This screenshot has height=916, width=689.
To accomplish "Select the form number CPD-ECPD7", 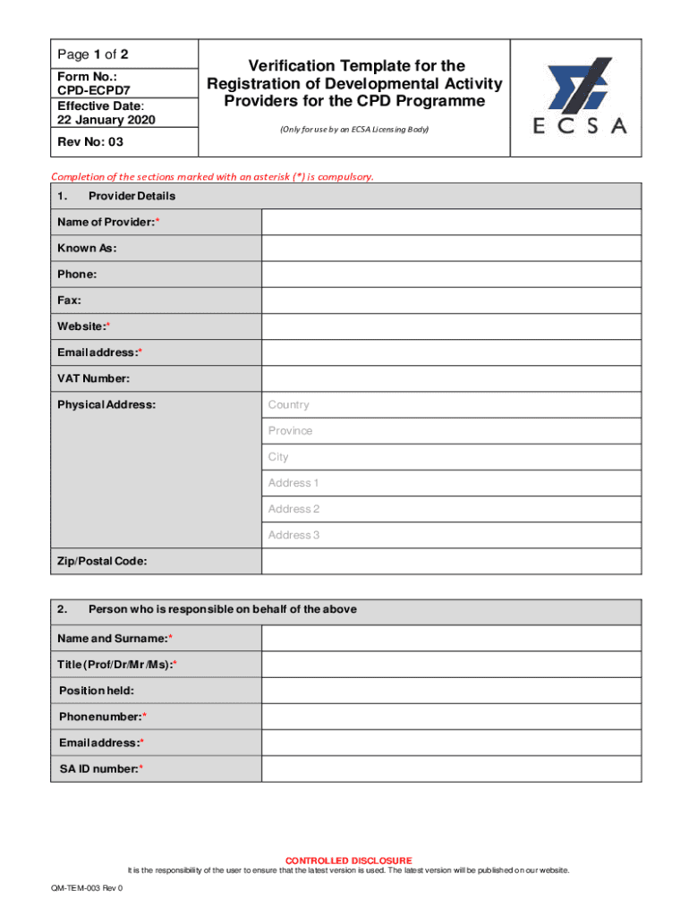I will pos(88,90).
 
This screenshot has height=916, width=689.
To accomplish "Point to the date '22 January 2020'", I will pos(95,119).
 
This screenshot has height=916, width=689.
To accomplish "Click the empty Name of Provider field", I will pos(451,222).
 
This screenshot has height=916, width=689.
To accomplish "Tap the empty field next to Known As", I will pos(451,248).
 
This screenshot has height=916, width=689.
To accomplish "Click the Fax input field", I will pos(451,301).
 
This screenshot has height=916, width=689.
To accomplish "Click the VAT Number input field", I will pos(451,378).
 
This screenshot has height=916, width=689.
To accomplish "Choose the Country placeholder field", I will pos(451,404).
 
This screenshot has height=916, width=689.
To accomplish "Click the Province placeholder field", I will pos(451,430).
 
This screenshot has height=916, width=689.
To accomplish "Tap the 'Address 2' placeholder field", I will pos(451,509).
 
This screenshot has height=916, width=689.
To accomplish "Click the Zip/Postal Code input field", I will pos(451,561).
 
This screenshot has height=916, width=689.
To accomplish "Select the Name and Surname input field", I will pos(451,638).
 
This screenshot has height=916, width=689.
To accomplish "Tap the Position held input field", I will pos(451,691).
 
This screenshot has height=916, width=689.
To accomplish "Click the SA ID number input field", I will pos(451,768).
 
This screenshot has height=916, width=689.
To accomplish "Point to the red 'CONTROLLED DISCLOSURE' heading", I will pos(349,861).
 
